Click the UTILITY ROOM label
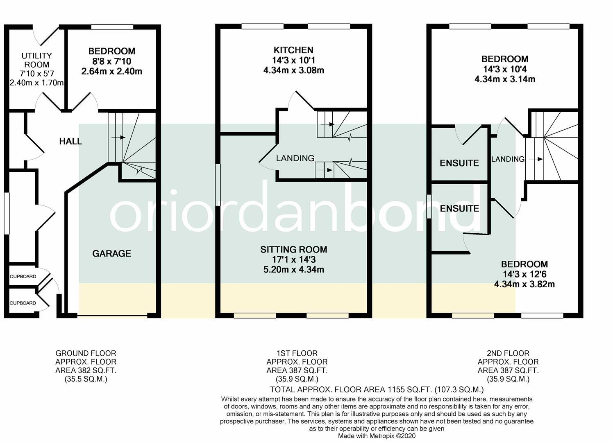coord(36,60)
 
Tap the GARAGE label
coord(111,254)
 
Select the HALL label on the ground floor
coord(70,142)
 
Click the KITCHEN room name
coord(293,50)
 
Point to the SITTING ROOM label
coord(293,250)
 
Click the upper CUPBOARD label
coord(23,277)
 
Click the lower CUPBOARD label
coord(23,303)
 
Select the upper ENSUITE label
coord(459,163)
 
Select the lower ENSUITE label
coord(459,209)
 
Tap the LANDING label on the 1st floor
coord(295,158)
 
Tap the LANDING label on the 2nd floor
coord(508,159)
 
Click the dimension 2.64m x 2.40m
coord(111,72)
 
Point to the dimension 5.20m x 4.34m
coord(293,270)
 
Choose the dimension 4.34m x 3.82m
coord(524,284)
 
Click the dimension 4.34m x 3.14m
coord(504,79)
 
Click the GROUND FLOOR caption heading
coord(86,353)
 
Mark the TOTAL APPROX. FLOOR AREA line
coord(377,390)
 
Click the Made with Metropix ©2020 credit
coord(377,436)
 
